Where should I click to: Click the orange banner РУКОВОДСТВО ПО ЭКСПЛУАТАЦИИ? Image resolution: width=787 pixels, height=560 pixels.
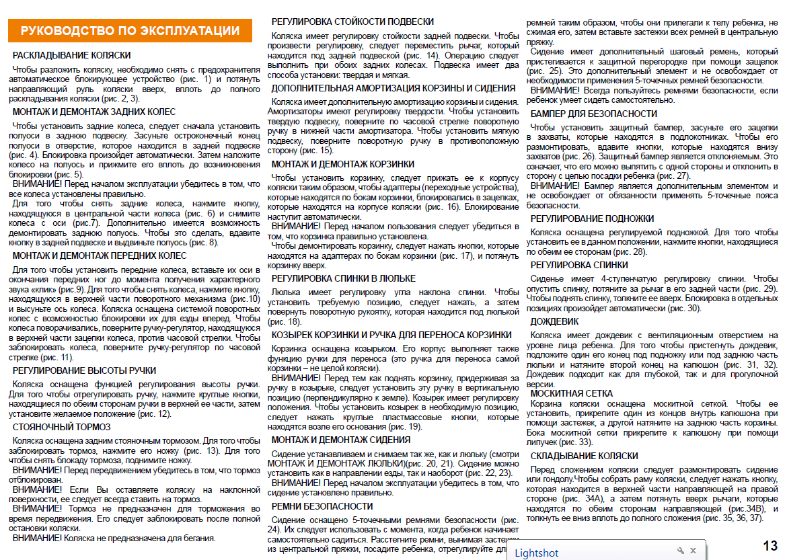130,30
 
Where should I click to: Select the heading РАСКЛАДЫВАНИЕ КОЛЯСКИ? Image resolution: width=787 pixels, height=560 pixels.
71,55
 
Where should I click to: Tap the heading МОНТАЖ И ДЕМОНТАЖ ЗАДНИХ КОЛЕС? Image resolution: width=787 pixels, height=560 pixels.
94,112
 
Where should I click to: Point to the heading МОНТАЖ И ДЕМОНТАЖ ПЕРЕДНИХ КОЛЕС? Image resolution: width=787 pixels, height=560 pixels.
100,255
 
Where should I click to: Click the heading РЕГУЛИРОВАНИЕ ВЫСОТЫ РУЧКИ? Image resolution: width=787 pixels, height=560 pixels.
84,370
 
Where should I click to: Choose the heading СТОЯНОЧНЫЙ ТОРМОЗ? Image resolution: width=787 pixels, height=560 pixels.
63,427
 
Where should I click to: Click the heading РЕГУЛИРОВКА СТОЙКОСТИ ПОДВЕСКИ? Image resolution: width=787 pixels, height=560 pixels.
352,22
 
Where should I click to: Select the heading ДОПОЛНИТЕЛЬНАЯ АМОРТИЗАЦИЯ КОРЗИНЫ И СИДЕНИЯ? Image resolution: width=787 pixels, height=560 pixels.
394,88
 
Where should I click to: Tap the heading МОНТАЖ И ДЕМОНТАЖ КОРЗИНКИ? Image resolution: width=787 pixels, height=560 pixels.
343,164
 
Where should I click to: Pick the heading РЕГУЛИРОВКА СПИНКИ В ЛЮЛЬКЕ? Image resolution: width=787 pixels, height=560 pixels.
344,278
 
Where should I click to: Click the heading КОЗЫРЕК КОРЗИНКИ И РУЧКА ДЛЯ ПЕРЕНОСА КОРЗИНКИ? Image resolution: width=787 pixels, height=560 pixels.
391,335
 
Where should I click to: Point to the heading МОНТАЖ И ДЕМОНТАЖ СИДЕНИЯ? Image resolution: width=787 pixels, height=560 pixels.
341,440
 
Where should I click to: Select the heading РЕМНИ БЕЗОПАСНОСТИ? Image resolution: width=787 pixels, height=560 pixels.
322,506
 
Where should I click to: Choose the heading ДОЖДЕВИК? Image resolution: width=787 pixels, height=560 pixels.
554,321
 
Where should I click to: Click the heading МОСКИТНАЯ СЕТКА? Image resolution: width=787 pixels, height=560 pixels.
571,393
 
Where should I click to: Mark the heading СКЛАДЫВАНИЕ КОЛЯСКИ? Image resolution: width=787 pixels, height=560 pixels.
584,456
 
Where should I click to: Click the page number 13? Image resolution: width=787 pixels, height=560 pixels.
770,545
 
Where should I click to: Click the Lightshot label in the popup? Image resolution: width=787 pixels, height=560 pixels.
537,553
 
